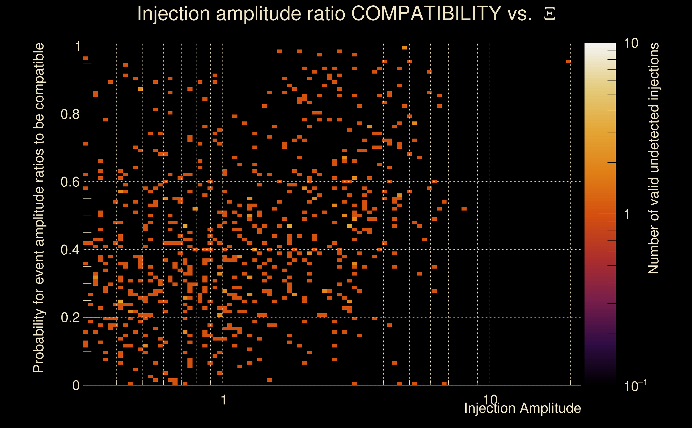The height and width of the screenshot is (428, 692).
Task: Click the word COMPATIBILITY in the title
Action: [x=426, y=13]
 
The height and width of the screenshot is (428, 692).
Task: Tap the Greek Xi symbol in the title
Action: [x=549, y=14]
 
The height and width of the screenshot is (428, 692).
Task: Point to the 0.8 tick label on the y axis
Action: [x=70, y=114]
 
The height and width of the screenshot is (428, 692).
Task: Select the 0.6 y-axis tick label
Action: [x=70, y=182]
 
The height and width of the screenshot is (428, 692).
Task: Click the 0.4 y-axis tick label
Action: [x=70, y=250]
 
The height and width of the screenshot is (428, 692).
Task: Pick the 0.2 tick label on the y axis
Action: [x=70, y=318]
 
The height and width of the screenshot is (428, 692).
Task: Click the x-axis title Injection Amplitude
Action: [x=522, y=408]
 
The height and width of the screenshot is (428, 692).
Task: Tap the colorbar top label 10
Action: [x=631, y=44]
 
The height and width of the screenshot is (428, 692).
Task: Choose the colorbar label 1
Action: [x=627, y=214]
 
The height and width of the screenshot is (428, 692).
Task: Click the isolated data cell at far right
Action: [x=569, y=62]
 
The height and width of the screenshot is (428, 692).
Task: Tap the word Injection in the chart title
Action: [x=173, y=13]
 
